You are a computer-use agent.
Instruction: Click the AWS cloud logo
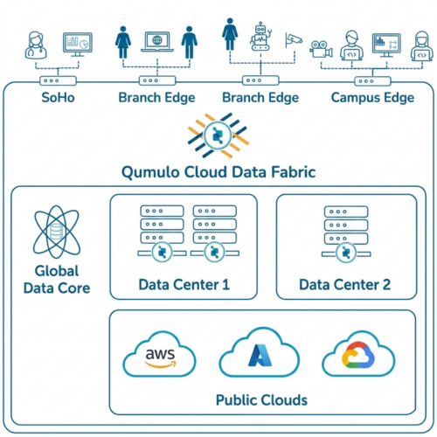[x=159, y=354]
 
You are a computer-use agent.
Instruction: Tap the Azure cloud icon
[x=260, y=352]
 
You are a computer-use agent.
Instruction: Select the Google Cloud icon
[x=358, y=354]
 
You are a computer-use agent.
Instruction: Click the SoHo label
[x=58, y=97]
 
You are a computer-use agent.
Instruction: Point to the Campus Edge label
[x=372, y=98]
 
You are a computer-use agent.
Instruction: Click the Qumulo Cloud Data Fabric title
[x=218, y=172]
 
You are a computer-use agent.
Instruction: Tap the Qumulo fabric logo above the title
[x=218, y=135]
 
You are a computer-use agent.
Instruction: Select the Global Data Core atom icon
[x=57, y=232]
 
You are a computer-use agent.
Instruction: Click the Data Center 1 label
[x=184, y=285]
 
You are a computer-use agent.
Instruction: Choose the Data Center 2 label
[x=344, y=285]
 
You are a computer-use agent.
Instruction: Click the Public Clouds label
[x=261, y=400]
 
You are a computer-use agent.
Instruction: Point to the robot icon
[x=260, y=36]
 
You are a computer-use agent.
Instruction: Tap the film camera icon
[x=321, y=49]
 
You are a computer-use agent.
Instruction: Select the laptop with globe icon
[x=157, y=42]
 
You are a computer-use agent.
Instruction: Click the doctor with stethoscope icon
[x=36, y=45]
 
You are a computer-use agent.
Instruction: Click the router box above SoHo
[x=58, y=80]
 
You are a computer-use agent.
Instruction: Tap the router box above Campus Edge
[x=372, y=81]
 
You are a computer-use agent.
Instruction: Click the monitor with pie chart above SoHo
[x=78, y=45]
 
